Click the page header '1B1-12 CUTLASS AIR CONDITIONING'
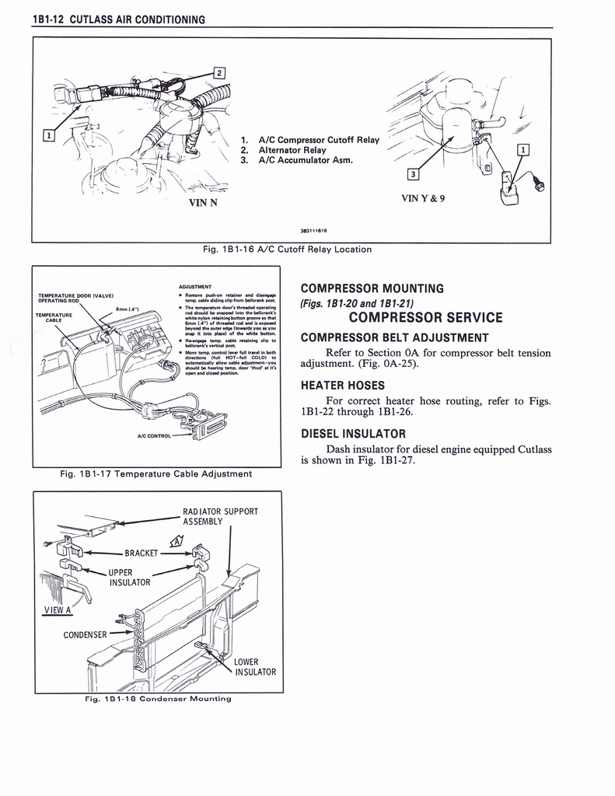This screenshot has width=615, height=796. [118, 19]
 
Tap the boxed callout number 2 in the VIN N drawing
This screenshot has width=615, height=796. [219, 74]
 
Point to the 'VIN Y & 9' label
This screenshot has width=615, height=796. [423, 197]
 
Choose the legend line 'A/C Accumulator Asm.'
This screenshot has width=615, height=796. [297, 161]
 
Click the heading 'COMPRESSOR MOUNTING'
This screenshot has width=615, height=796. [372, 288]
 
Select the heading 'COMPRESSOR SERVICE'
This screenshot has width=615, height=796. [426, 317]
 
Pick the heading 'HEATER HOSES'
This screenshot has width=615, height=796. [343, 385]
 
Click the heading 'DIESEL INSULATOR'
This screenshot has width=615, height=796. [353, 433]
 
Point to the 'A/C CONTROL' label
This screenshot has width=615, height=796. [153, 436]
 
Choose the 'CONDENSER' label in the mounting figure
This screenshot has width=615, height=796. [86, 633]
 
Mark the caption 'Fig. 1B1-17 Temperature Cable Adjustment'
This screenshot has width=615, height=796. [156, 473]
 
